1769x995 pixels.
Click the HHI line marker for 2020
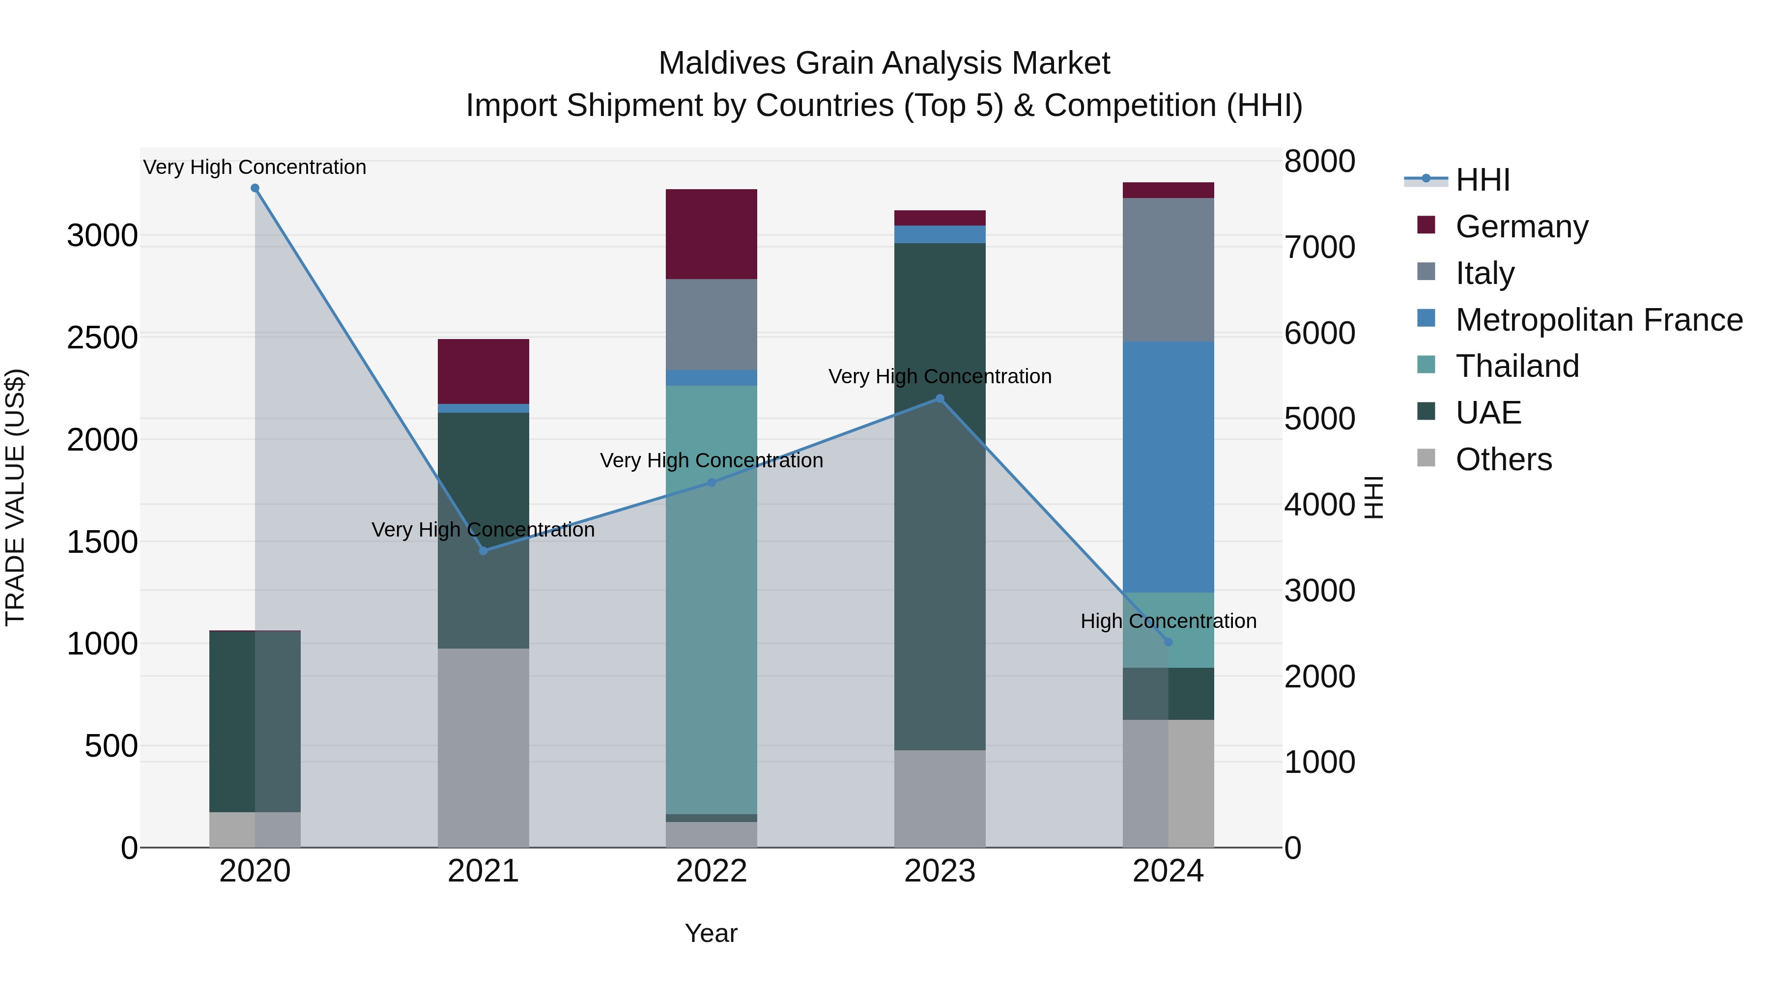pos(255,188)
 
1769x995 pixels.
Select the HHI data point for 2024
pos(1168,642)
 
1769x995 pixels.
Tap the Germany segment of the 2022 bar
pos(712,234)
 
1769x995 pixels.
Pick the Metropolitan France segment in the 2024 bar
pos(1168,467)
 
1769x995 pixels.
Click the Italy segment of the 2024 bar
pos(1168,270)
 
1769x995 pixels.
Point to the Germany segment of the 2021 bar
pos(484,371)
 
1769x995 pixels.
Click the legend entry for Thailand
pos(1516,366)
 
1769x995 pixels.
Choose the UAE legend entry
pos(1487,413)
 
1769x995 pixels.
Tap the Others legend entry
pos(1503,459)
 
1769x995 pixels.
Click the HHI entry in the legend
pos(1482,180)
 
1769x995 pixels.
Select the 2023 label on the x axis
pos(940,871)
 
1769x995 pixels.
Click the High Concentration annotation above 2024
pos(1168,621)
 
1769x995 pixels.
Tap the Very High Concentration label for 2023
pos(940,376)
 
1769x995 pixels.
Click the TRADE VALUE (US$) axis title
pos(15,497)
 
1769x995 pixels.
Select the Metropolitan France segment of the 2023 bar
pos(940,234)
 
